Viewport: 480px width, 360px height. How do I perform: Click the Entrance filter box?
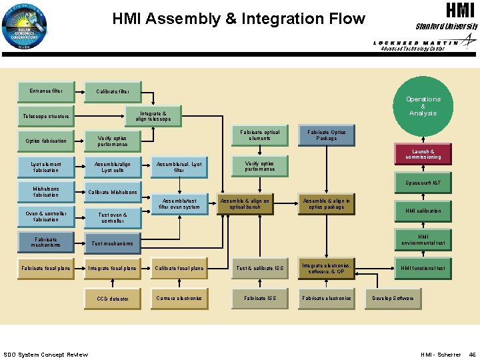click(46, 91)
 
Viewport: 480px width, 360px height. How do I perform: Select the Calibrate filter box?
click(113, 92)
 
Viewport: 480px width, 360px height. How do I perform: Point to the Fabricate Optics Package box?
click(327, 135)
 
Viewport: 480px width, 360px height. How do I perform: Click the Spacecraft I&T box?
click(423, 183)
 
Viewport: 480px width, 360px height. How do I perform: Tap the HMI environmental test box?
click(423, 239)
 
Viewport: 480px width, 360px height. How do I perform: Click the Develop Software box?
click(393, 298)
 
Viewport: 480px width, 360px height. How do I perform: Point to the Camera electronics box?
click(179, 298)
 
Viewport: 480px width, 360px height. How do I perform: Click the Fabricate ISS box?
click(259, 298)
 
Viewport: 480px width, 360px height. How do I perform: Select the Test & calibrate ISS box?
click(259, 268)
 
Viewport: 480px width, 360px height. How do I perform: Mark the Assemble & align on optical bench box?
click(245, 204)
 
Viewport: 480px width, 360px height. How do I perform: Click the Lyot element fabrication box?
click(46, 166)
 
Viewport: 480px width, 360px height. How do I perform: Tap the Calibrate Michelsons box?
click(113, 193)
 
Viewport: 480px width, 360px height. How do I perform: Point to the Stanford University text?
click(447, 27)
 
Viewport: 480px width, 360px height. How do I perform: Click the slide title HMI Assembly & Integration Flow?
click(239, 19)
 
